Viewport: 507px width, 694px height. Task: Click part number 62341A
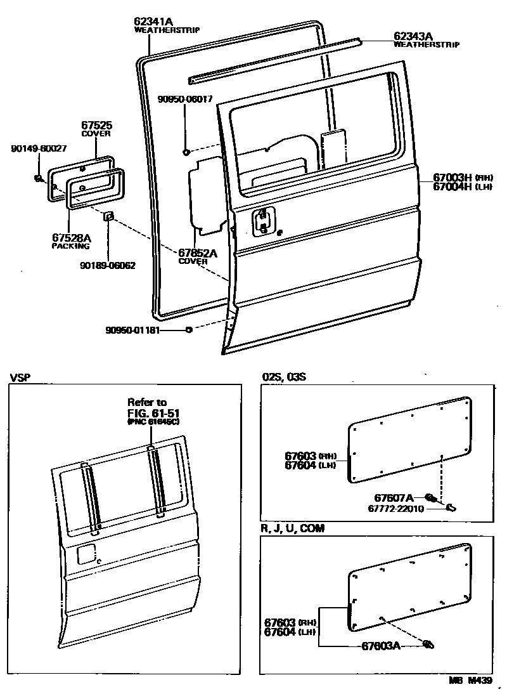(x=153, y=20)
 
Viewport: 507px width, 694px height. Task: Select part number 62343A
(x=413, y=36)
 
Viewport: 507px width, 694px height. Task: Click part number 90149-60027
(x=39, y=148)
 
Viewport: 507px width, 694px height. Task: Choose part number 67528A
(x=71, y=238)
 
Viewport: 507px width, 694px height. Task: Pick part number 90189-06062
(x=108, y=266)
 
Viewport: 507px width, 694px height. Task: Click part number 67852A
(x=198, y=252)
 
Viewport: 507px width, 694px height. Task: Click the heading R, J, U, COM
(x=292, y=528)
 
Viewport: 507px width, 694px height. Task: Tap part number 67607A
(x=393, y=497)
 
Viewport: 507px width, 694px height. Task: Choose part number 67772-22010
(x=397, y=508)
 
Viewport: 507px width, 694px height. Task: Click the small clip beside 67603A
(x=428, y=645)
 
